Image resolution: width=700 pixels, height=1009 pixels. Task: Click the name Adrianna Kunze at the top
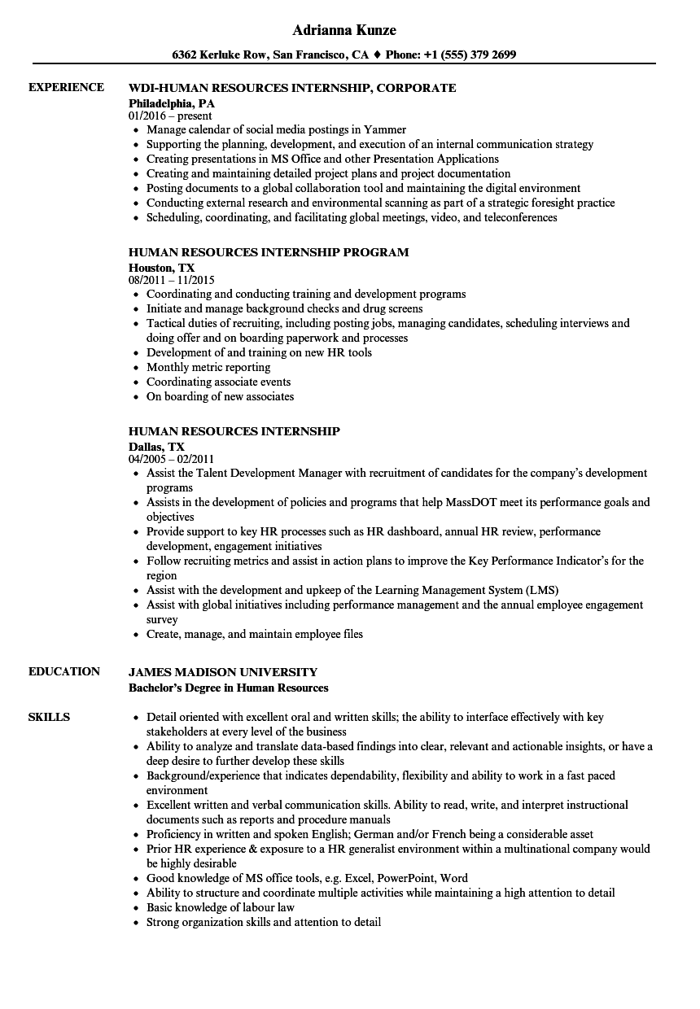tap(344, 30)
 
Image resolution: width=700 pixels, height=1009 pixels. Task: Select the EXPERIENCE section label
tap(66, 87)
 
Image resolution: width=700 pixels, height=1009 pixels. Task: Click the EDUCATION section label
tap(64, 671)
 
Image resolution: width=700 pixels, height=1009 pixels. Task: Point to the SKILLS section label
tap(49, 717)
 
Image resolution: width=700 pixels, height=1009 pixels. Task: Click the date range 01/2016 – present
tap(170, 116)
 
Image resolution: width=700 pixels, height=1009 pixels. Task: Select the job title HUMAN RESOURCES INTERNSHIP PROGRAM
tap(269, 251)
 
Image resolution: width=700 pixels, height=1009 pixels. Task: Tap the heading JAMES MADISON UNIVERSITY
tap(223, 671)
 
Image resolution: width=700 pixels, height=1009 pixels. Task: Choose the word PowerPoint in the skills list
tap(406, 878)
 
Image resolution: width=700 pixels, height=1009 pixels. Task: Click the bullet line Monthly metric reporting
tap(208, 367)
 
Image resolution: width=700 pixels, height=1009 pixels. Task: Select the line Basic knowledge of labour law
tap(220, 907)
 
